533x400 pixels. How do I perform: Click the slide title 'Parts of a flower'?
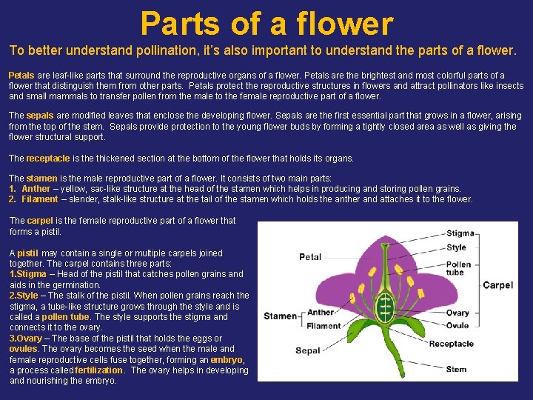(266, 23)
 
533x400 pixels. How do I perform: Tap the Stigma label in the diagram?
(460, 234)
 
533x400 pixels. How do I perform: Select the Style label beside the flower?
(457, 247)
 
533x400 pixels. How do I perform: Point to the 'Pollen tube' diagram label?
(458, 268)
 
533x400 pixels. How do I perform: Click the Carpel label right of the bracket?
(497, 285)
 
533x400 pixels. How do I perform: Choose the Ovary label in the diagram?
(457, 313)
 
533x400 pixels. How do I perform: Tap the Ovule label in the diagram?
(457, 324)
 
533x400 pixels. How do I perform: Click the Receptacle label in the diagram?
(452, 343)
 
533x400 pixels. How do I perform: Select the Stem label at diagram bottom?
(457, 369)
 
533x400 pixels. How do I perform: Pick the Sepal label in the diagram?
(308, 350)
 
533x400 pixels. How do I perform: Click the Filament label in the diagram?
(324, 326)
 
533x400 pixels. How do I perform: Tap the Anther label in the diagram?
(321, 313)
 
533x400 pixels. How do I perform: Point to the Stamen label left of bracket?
(281, 316)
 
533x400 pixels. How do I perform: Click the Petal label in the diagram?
(310, 257)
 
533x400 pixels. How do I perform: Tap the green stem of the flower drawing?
(384, 367)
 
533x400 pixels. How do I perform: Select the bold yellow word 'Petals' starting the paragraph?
(21, 76)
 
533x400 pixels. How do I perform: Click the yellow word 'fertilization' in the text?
(99, 370)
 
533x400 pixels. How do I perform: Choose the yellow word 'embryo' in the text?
(225, 360)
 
